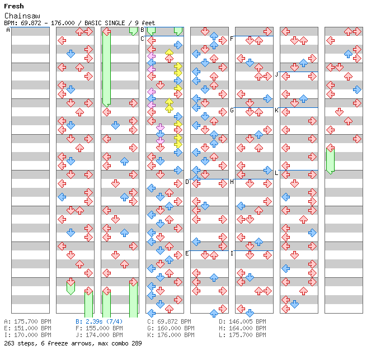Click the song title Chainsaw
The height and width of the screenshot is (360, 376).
tap(22, 16)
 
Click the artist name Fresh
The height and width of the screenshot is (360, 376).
tap(14, 6)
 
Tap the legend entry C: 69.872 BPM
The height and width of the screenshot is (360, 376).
tap(169, 321)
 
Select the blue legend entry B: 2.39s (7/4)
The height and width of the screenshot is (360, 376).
tap(99, 321)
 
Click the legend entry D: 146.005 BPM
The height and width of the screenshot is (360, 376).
tap(242, 321)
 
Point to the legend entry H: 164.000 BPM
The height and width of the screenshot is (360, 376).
tap(242, 328)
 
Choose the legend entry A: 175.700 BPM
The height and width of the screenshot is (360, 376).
tap(27, 321)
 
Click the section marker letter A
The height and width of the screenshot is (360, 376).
tap(8, 30)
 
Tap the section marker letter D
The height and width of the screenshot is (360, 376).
tap(187, 182)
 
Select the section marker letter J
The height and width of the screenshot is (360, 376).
tap(276, 74)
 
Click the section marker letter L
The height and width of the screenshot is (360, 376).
tap(276, 173)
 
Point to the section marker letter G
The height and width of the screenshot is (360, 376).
tap(232, 111)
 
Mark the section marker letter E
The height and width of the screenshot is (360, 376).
tap(187, 253)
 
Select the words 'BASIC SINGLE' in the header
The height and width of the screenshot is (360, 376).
tap(105, 23)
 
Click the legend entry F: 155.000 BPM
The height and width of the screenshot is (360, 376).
tap(99, 328)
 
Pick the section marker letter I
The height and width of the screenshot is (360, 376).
tap(232, 253)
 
